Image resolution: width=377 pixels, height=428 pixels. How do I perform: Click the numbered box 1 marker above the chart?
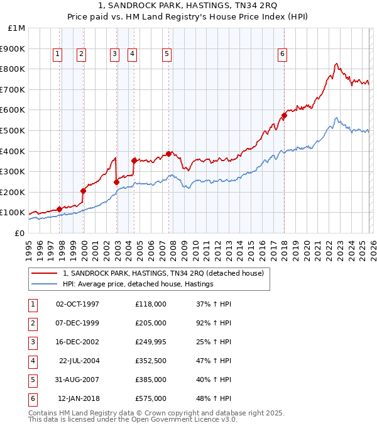click(x=57, y=55)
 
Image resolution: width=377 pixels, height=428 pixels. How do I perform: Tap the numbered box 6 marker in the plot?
click(x=283, y=55)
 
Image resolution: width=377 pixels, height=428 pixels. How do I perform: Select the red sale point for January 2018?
click(x=284, y=115)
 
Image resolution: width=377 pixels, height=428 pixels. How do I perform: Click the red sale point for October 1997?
click(x=59, y=209)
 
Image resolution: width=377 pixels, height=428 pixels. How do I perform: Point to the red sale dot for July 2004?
click(x=134, y=160)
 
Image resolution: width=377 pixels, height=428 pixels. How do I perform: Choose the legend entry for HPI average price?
click(x=138, y=284)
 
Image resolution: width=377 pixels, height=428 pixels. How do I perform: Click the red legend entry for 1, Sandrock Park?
click(x=163, y=273)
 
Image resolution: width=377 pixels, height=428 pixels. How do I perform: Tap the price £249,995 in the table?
click(x=151, y=342)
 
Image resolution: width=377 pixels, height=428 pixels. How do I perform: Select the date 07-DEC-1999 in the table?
click(x=77, y=323)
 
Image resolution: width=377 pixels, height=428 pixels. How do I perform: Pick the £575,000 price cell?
click(x=151, y=398)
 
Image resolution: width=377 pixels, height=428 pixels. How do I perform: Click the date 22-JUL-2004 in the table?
click(x=79, y=361)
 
